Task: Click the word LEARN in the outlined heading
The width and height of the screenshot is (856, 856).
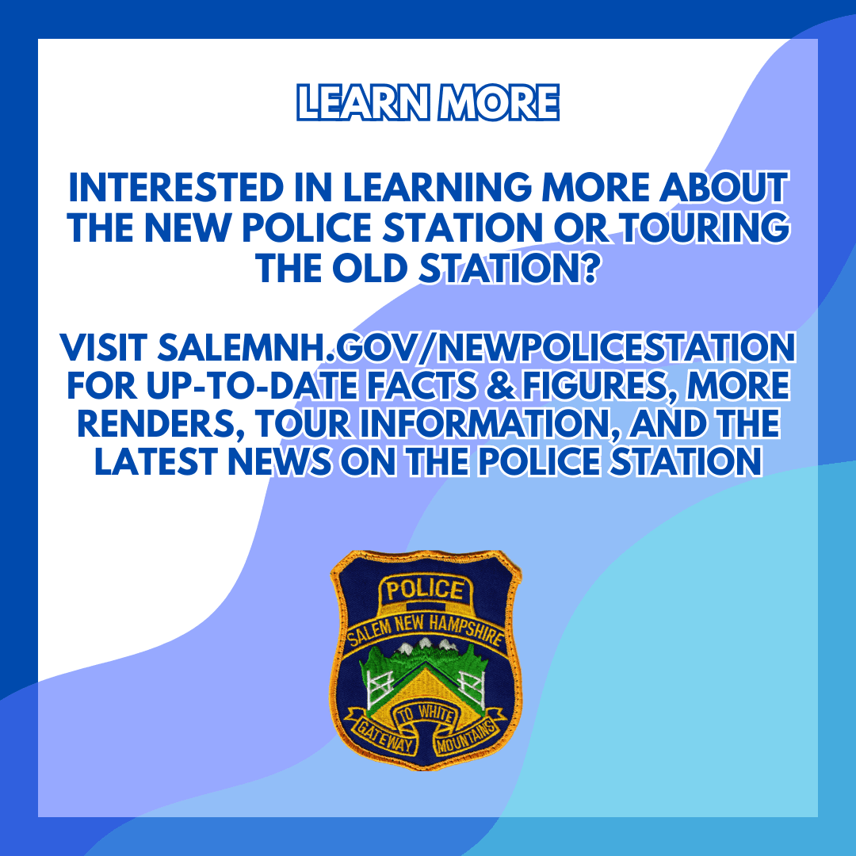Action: (363, 102)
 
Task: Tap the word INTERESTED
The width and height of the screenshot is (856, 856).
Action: (176, 187)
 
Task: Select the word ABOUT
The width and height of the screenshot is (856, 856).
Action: (724, 187)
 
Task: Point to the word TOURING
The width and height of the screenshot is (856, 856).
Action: (706, 227)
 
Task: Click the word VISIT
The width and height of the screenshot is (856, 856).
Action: (103, 347)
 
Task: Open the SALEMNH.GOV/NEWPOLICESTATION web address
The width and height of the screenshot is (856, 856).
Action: (476, 347)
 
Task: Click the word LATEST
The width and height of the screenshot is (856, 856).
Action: (156, 462)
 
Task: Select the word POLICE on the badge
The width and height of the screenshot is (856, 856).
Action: (425, 590)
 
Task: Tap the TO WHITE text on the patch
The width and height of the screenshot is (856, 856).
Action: (425, 714)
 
